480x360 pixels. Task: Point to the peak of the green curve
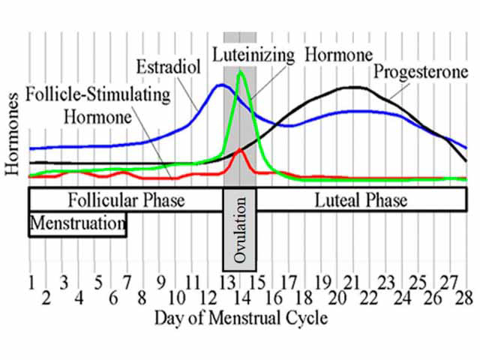click(240, 72)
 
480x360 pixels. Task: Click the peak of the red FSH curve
click(240, 150)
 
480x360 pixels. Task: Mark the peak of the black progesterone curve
click(352, 88)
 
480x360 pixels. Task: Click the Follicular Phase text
click(126, 200)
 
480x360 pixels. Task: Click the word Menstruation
click(77, 223)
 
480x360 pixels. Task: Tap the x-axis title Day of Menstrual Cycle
click(241, 318)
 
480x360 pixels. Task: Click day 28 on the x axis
click(463, 298)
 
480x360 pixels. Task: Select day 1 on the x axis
click(31, 283)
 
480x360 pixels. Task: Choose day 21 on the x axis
click(353, 283)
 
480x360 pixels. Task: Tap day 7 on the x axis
click(127, 283)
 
